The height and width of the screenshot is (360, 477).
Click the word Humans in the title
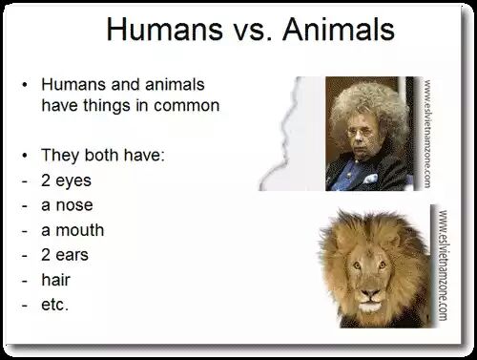[164, 30]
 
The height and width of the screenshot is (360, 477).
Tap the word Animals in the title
[339, 30]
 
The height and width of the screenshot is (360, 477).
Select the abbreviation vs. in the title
[253, 32]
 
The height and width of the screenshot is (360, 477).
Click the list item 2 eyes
[66, 180]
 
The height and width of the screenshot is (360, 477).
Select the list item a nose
[67, 205]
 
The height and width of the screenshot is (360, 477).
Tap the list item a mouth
[73, 230]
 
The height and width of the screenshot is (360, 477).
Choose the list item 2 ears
[65, 255]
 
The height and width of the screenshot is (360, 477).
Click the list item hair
[55, 280]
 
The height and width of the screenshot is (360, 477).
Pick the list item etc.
[54, 305]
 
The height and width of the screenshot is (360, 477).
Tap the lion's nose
[370, 292]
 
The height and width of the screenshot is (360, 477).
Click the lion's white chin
[370, 307]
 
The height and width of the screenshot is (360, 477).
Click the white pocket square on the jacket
[370, 179]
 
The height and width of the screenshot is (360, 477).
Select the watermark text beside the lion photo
[443, 265]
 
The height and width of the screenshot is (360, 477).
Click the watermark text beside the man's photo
[427, 134]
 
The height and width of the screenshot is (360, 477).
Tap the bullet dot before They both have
[25, 156]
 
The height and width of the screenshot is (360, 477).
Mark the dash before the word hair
[25, 281]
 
